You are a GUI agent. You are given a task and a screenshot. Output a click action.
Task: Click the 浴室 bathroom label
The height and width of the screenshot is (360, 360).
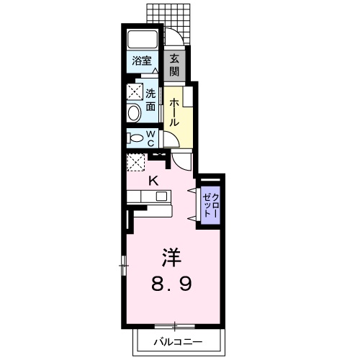140,61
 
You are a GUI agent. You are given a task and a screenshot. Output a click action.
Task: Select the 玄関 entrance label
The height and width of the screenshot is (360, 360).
175,66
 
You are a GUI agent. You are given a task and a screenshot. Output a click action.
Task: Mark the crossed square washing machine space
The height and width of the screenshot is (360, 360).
134,92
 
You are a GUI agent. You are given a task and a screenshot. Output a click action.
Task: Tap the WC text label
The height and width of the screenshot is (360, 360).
151,138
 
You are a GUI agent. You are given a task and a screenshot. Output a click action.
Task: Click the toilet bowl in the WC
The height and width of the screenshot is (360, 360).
134,138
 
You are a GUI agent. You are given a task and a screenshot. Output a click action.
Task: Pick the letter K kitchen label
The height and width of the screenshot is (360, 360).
153,181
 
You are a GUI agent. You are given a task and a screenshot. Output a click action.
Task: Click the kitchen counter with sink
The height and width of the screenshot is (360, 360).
148,195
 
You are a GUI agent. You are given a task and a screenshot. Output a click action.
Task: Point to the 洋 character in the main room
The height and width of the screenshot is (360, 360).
170,256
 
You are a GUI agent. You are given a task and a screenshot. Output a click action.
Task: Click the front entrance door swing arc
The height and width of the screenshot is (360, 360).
174,38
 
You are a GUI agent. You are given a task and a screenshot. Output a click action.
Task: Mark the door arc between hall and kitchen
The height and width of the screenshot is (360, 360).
183,160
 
